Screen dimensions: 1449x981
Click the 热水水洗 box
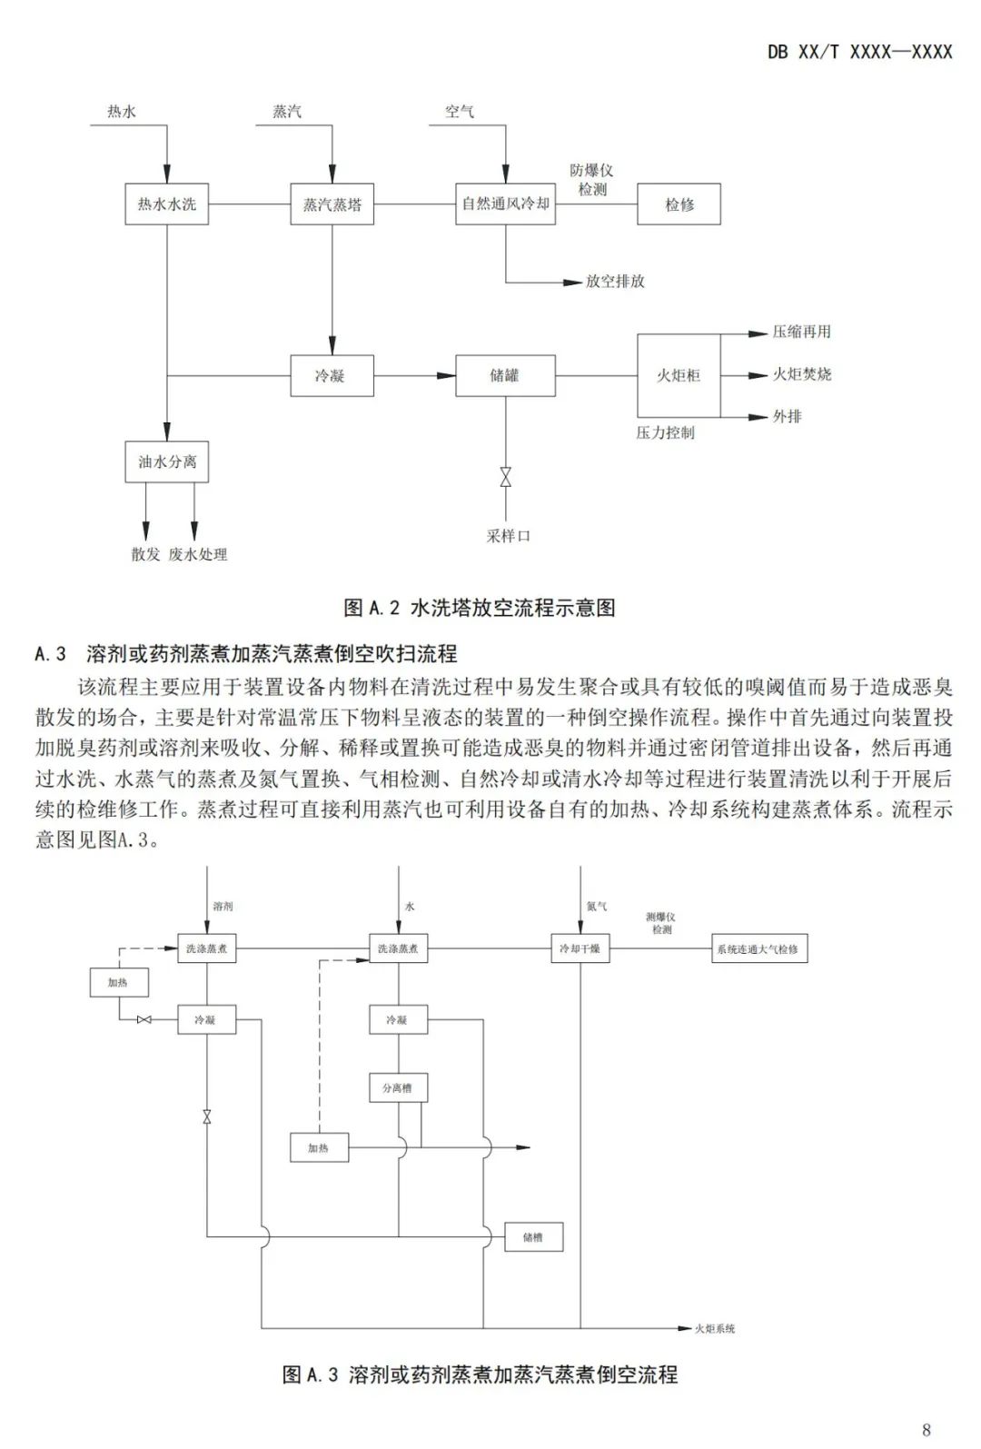[x=166, y=204]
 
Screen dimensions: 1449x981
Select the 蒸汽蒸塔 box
[x=332, y=204]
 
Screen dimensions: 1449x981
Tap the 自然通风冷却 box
[x=505, y=204]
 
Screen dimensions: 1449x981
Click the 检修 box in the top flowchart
[x=679, y=204]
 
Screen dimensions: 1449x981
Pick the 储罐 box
[x=505, y=375]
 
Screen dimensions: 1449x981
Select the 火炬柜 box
[x=679, y=375]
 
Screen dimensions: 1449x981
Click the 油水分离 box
[x=166, y=461]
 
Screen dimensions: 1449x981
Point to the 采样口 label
[x=508, y=536]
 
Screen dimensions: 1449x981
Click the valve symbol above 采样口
[x=505, y=478]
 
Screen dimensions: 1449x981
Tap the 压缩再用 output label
[x=801, y=332]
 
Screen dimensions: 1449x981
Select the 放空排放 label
[x=615, y=282]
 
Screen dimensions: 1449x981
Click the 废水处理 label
[x=197, y=554]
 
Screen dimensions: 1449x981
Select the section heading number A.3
[x=51, y=653]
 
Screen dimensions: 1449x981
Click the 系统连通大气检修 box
[x=758, y=949]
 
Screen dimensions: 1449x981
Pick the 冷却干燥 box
[x=580, y=949]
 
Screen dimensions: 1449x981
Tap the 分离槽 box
[x=398, y=1087]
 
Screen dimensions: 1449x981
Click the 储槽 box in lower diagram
[x=533, y=1237]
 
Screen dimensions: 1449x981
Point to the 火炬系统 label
[x=715, y=1329]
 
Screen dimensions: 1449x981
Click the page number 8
[x=926, y=1430]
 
